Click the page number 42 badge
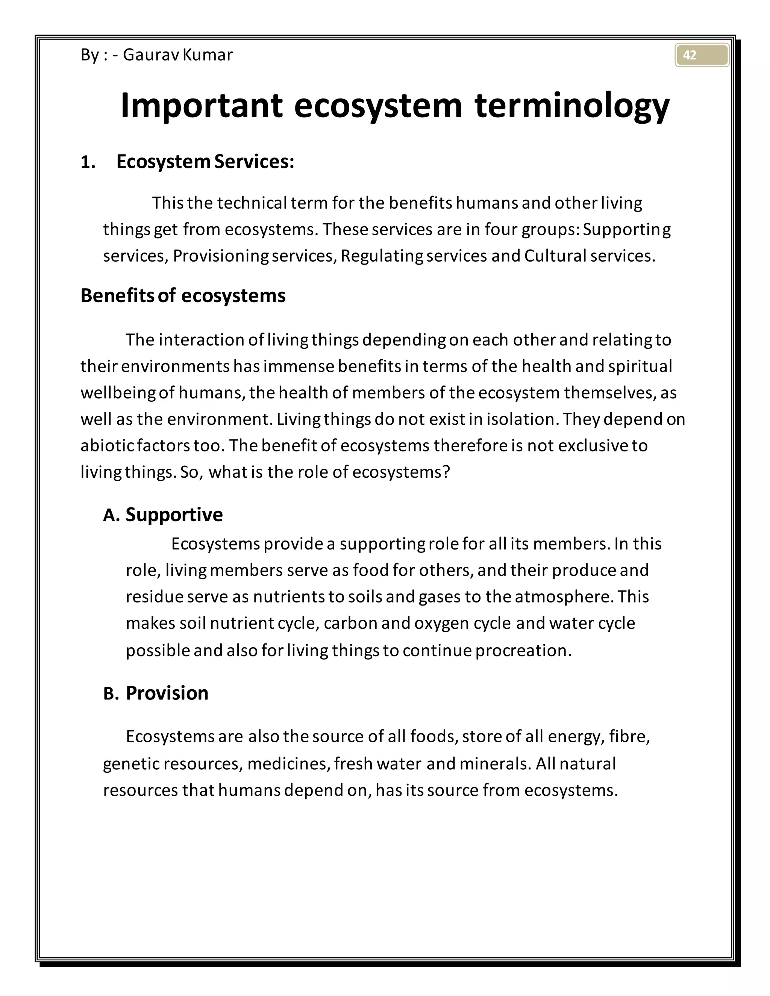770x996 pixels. tap(701, 55)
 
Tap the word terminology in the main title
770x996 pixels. tap(571, 106)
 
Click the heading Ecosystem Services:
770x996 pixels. tap(205, 162)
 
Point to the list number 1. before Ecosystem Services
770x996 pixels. tap(88, 162)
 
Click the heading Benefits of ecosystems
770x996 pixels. tap(183, 295)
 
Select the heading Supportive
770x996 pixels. tap(174, 515)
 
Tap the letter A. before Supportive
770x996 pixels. tap(111, 515)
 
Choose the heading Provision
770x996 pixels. tap(167, 693)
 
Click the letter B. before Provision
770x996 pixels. tap(111, 694)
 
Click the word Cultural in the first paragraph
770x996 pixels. tap(555, 256)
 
